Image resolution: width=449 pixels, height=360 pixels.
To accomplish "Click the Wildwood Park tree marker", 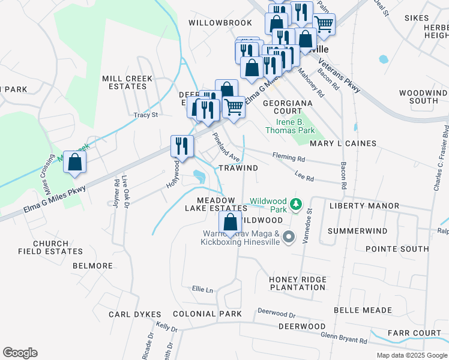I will tap(295, 205).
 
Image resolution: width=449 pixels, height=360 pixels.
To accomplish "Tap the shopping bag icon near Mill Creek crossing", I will tap(74, 163).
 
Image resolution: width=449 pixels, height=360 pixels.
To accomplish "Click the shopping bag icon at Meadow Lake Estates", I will tap(231, 223).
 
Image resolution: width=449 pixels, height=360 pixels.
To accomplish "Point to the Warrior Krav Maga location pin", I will tap(289, 237).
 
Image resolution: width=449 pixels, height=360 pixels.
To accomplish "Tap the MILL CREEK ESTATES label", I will tap(124, 82).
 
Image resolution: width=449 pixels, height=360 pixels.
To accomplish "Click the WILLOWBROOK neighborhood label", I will tap(220, 22).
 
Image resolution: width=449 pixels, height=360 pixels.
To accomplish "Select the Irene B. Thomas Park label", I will tap(291, 125).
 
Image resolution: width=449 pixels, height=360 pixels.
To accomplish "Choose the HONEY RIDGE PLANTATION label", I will tap(297, 283).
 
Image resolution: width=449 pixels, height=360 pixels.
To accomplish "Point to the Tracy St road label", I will tap(146, 115).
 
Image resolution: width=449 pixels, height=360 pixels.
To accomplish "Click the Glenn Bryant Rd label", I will tap(344, 338).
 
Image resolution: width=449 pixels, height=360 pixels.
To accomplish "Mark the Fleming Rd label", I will tap(288, 158).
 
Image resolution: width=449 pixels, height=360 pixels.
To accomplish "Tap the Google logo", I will tap(20, 353).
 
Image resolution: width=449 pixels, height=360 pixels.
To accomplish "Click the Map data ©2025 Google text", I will tap(411, 355).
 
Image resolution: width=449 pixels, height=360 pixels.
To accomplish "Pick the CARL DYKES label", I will tap(135, 314).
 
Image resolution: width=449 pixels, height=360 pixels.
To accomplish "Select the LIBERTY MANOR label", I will tap(364, 206).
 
